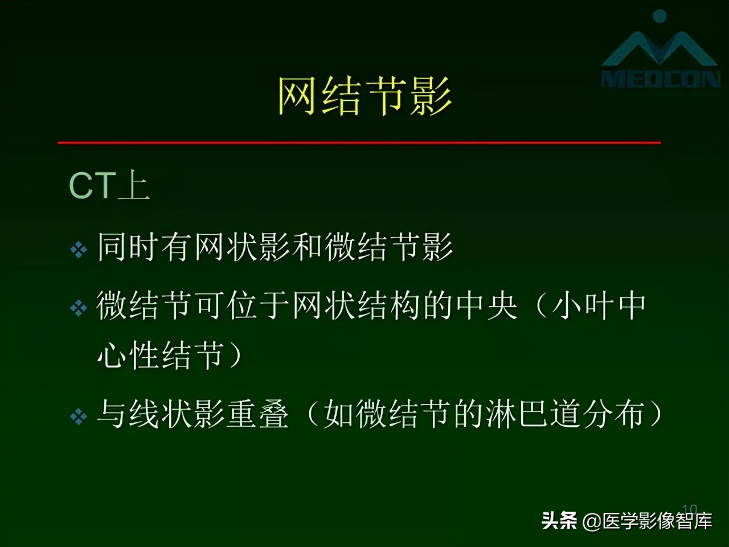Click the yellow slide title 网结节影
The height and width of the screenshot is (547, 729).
pos(364,96)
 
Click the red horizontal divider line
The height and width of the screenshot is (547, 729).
pos(359,142)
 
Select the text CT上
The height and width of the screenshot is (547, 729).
pos(109,186)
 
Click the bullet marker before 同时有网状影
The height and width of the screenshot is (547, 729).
pos(78,250)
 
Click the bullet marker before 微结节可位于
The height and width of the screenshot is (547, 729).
pos(78,308)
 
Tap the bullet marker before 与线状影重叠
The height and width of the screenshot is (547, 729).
pos(78,417)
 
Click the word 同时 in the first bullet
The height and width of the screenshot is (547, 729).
pos(129,247)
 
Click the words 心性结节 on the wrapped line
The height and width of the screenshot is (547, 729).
pos(161,356)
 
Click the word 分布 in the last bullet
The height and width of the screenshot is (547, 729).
pos(615,414)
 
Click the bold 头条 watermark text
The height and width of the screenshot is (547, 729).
pos(559,520)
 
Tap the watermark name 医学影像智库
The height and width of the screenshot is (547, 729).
pos(657,521)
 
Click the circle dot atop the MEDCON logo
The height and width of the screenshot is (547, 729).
pos(660,16)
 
